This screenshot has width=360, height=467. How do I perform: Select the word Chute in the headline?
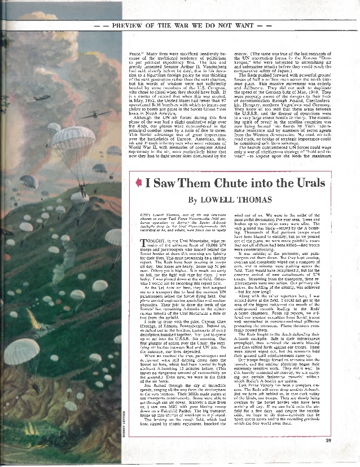click(x=233, y=184)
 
